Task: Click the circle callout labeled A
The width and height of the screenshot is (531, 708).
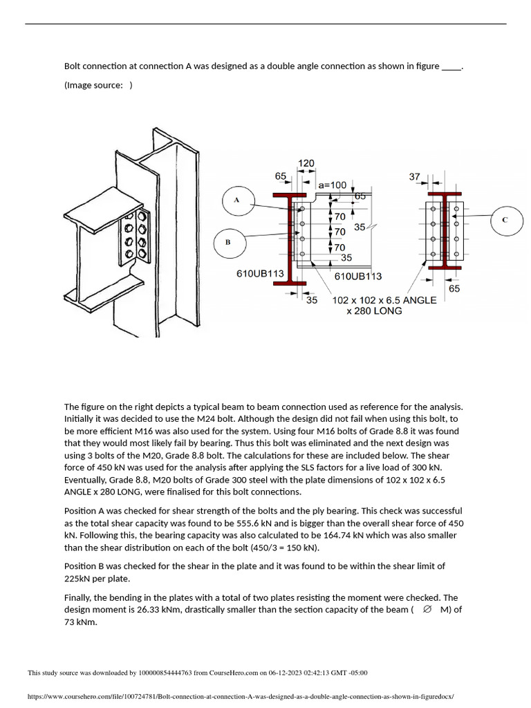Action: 236,201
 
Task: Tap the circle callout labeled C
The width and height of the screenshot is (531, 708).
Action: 505,219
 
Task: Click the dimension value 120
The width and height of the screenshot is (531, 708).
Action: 306,163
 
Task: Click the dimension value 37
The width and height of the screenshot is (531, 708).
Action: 415,177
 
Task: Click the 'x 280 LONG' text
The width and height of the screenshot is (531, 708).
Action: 374,311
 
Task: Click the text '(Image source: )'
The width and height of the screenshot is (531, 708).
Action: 98,85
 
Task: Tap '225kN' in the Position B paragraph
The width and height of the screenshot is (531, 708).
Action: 78,579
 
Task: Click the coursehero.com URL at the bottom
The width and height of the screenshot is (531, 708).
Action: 241,698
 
